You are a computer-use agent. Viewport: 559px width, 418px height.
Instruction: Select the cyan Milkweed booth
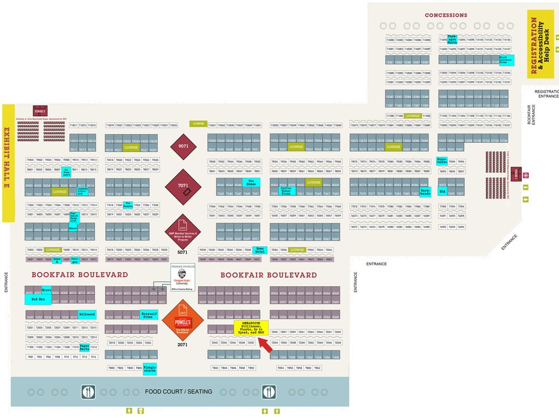(x=87, y=315)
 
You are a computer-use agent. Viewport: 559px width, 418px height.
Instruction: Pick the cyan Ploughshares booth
(x=150, y=369)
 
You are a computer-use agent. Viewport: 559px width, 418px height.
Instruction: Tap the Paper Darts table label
(x=85, y=347)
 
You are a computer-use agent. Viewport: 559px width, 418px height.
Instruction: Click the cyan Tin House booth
(x=252, y=182)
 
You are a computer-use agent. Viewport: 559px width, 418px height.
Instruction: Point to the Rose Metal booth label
(x=260, y=250)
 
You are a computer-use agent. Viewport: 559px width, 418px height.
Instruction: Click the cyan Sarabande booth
(x=424, y=192)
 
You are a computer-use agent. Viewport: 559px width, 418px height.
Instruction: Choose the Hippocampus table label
(x=442, y=161)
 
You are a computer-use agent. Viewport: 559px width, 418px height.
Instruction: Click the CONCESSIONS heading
(x=446, y=15)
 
